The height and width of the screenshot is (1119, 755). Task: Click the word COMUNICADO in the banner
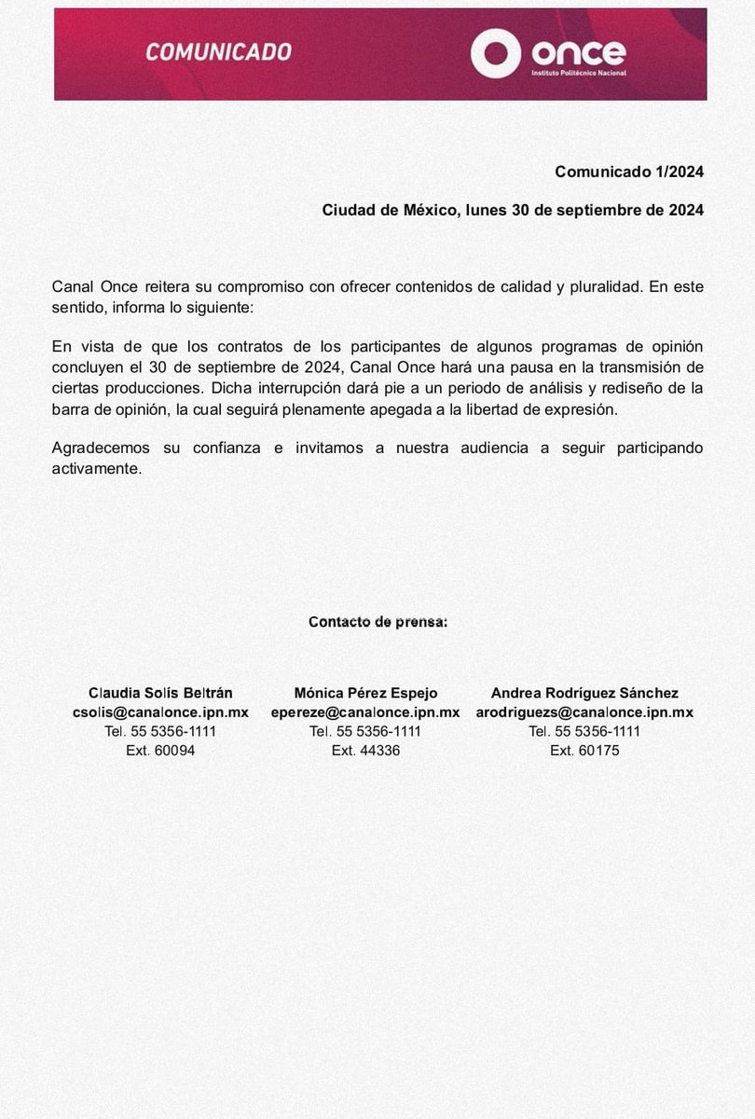pos(218,52)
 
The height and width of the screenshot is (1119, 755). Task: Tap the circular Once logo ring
pos(495,53)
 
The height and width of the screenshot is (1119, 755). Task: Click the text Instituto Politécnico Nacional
pos(578,72)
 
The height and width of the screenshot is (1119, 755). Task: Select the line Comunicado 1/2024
pos(628,172)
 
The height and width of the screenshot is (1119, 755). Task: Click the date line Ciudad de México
pos(513,210)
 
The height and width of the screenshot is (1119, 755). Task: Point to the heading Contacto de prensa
pos(377,622)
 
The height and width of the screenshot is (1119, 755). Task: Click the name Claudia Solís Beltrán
pos(160,693)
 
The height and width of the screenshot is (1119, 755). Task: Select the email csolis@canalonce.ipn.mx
pos(160,711)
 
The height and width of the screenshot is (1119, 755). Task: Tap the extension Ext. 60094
pos(160,750)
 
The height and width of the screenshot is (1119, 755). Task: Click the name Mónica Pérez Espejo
pos(365,693)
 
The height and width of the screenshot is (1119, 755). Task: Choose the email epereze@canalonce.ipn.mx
pos(365,711)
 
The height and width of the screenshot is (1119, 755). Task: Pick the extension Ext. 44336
pos(365,750)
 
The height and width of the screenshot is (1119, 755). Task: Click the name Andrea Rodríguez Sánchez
pos(584,693)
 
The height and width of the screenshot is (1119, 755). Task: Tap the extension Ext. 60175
pos(584,750)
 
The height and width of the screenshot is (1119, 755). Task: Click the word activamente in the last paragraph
pos(97,468)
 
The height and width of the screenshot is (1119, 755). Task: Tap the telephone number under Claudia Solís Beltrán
pos(160,731)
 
